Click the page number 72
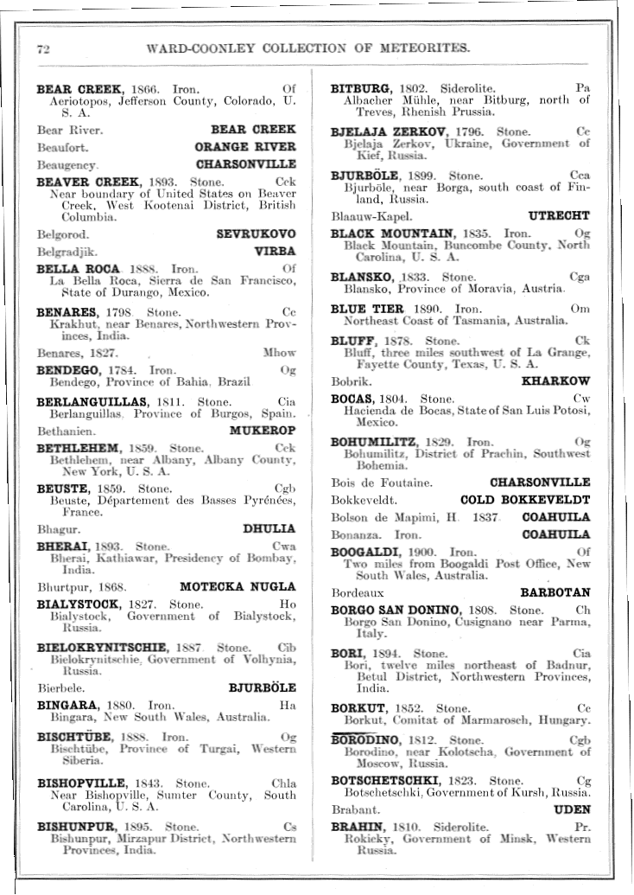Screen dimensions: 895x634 pos(42,48)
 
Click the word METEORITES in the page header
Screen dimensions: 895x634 pos(422,48)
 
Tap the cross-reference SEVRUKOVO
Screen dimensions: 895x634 pos(256,234)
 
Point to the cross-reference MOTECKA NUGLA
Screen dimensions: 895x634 pos(238,586)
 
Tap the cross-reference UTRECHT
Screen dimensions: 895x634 pos(559,215)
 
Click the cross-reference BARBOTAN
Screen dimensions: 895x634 pos(555,593)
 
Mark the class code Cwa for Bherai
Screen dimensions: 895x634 pos(283,547)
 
